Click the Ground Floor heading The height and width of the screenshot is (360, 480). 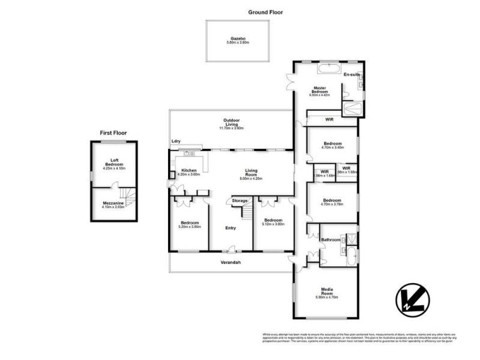click(265, 12)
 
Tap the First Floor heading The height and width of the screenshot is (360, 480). click(113, 133)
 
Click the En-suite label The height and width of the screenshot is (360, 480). click(350, 74)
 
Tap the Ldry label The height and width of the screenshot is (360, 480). click(176, 142)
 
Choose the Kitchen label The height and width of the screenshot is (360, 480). click(190, 172)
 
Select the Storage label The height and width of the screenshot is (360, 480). click(241, 200)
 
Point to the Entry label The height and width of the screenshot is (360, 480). click(231, 228)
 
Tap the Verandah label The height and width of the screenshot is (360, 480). click(231, 263)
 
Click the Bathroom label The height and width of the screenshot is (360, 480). click(331, 240)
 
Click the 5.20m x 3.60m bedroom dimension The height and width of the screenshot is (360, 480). click(190, 227)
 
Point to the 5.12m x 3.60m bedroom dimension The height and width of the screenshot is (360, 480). click(273, 224)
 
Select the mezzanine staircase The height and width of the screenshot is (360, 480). click(127, 196)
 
